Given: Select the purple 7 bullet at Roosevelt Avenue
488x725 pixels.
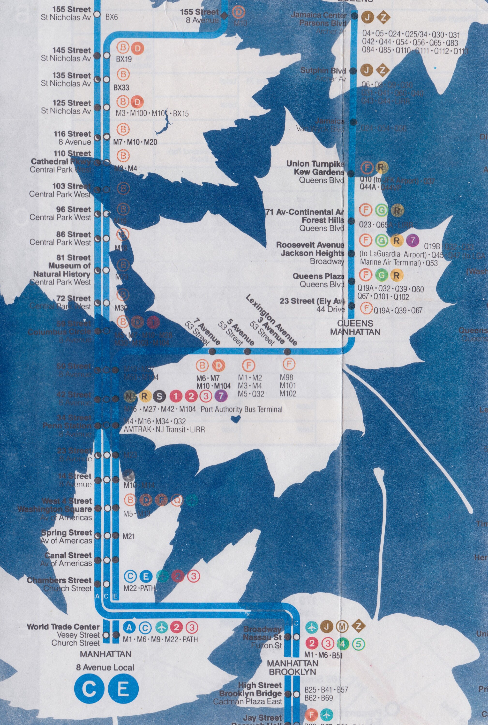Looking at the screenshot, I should coord(412,240).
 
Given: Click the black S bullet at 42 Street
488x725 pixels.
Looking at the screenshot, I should coord(159,396).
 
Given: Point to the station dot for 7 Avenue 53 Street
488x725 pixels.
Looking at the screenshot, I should coord(212,352).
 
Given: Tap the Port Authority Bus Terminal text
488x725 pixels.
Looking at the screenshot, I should coord(241,409).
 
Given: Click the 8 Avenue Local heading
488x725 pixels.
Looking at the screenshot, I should coord(105,667).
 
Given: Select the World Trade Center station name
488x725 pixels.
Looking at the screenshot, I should coord(63,627).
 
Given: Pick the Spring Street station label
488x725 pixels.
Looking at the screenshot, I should coord(67,533).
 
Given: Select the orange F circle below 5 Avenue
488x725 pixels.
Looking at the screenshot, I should coord(248,366).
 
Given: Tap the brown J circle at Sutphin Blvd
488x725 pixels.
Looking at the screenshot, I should coord(367,71).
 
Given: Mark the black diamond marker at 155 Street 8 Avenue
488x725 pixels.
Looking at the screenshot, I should coord(224,15).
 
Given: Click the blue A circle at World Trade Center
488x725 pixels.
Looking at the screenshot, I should coord(129,627).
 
